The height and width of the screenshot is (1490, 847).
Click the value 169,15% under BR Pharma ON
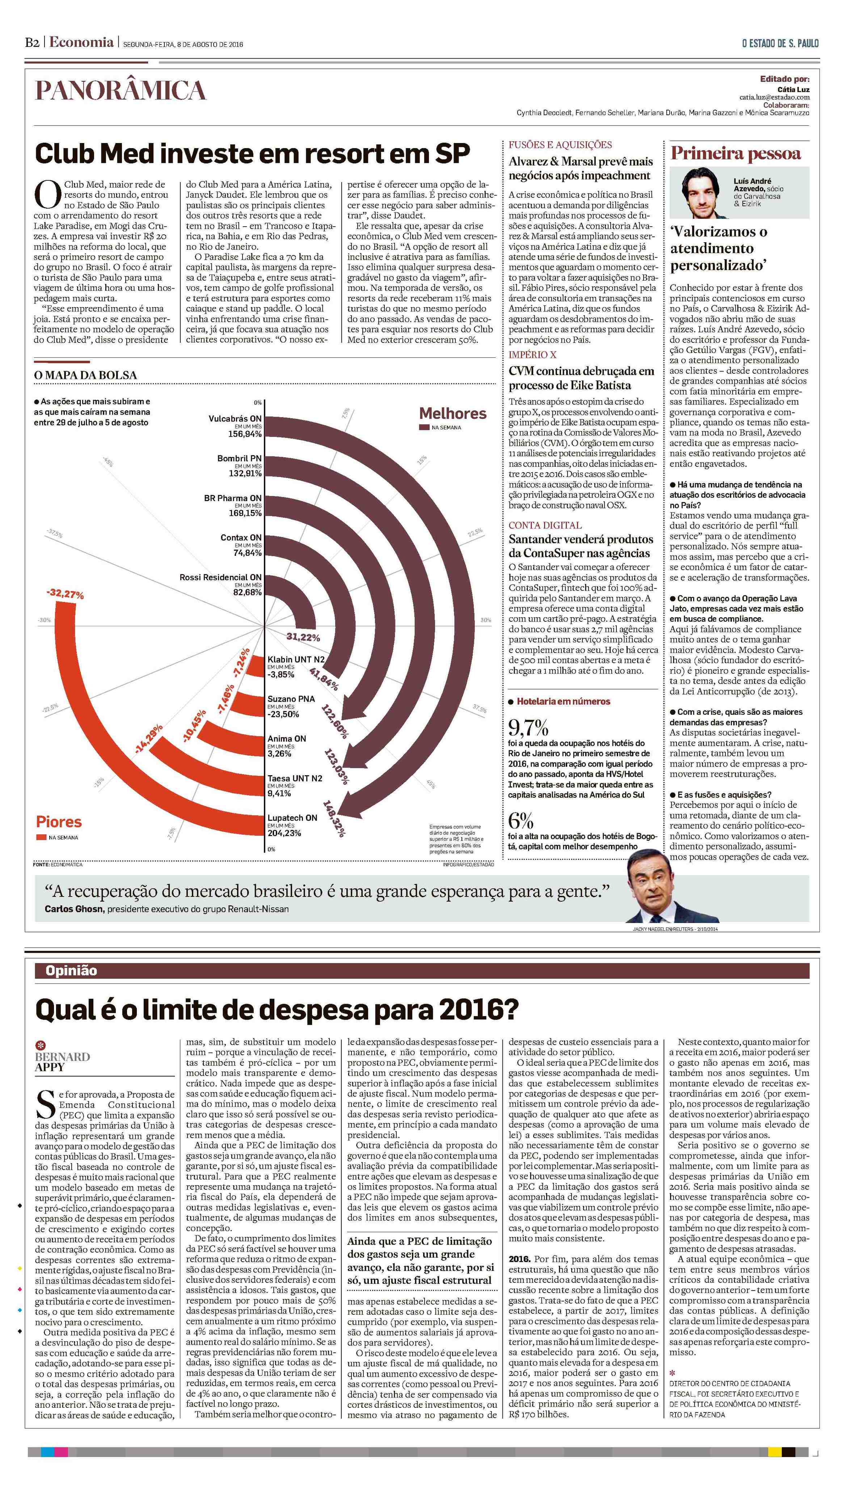pos(245,513)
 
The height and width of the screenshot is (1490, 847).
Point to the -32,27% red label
pos(65,594)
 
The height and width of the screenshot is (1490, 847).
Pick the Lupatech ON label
pos(292,818)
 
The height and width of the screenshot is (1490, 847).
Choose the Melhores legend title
pos(452,414)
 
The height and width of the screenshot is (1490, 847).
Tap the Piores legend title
pos(59,822)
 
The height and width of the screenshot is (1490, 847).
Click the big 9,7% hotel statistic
pos(528,727)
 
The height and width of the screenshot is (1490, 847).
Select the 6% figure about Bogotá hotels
pos(521,821)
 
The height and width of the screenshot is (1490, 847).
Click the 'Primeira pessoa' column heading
pos(735,154)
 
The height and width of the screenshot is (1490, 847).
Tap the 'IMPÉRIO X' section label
pos(532,355)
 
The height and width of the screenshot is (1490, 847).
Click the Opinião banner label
pos(71,970)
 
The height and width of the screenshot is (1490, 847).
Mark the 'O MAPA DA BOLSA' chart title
pos(85,375)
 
